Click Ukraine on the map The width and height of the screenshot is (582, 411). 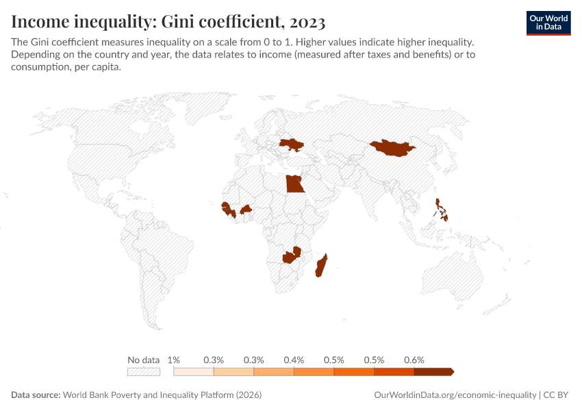click(292, 145)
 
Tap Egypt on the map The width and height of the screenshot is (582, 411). click(294, 184)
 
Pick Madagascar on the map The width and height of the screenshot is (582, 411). click(322, 266)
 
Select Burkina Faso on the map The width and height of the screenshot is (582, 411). click(245, 208)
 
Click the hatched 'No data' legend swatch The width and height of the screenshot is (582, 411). click(144, 372)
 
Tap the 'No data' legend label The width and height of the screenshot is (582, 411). click(144, 360)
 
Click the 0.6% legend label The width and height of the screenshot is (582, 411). click(414, 360)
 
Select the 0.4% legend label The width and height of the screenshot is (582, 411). click(294, 360)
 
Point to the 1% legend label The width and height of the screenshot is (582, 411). click(174, 360)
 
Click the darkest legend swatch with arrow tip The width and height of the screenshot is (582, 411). click(433, 372)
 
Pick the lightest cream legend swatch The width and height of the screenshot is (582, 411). click(194, 372)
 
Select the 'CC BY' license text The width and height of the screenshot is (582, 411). click(557, 395)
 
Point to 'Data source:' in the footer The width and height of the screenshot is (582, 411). click(36, 395)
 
